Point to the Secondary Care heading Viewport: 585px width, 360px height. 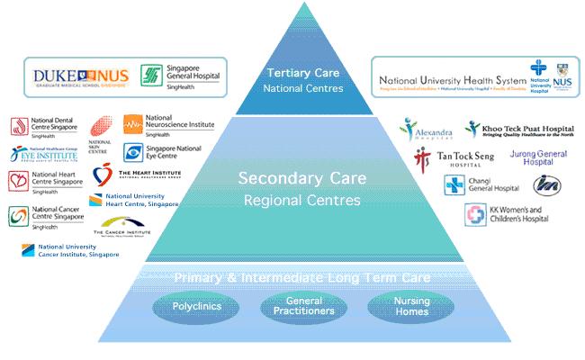[x=298, y=178]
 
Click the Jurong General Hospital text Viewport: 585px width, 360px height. [x=538, y=159]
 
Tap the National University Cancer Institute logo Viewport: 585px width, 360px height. [x=72, y=249]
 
